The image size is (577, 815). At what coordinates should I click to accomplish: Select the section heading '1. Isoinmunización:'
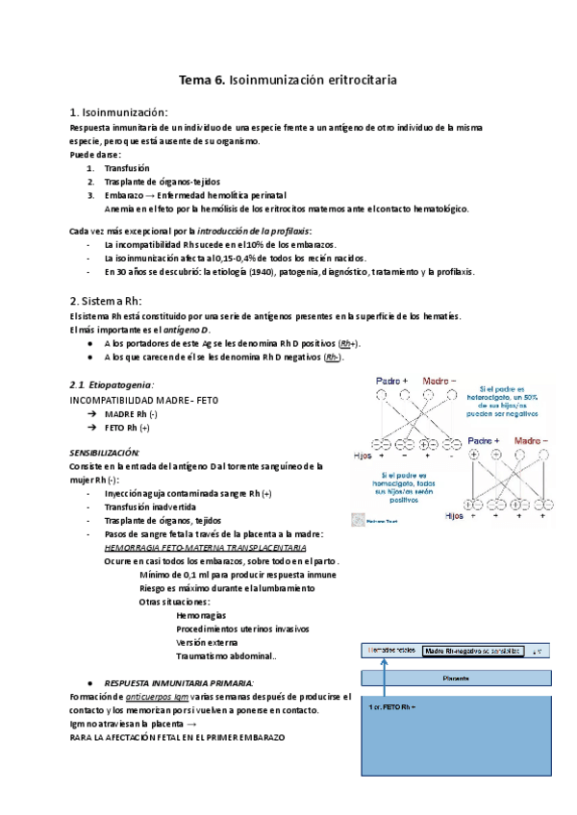(119, 112)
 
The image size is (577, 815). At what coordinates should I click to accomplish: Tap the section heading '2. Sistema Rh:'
(106, 300)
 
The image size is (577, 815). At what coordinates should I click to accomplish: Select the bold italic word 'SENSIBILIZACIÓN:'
(105, 452)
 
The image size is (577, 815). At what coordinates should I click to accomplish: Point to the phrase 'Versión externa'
(207, 642)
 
